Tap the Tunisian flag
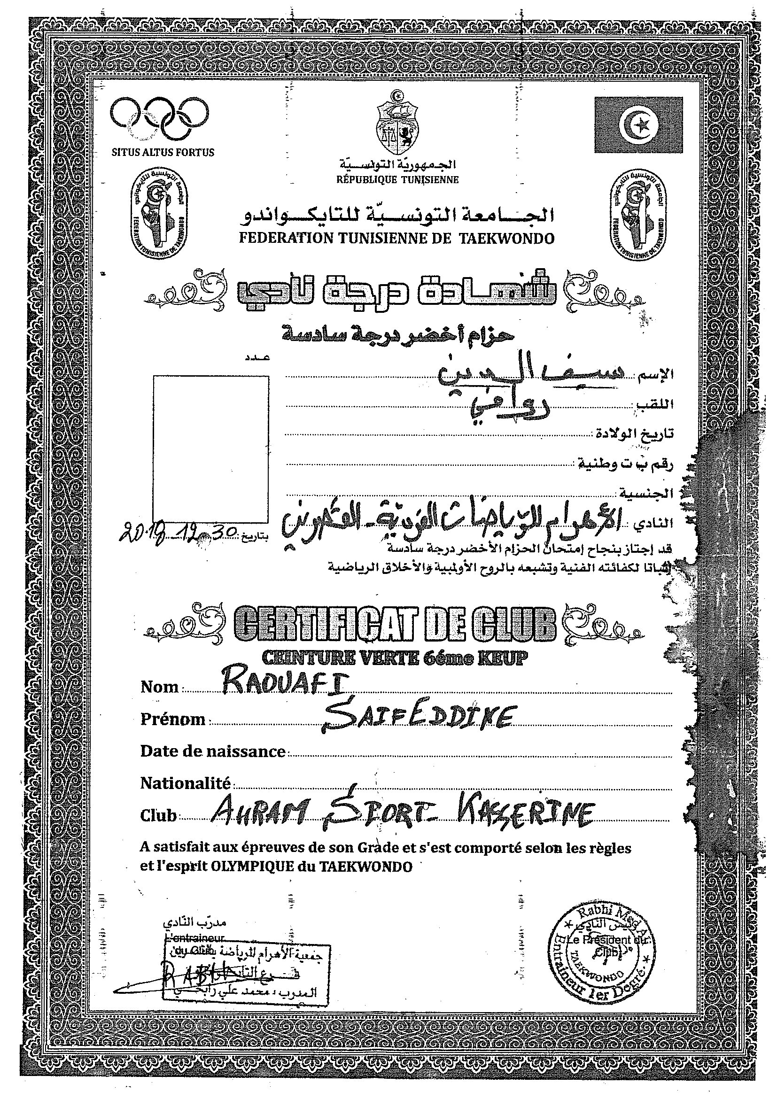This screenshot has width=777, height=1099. pos(638,125)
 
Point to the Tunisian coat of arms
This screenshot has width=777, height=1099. pos(397,122)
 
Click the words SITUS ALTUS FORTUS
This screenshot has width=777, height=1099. pos(163,153)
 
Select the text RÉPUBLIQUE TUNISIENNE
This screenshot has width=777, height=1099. pos(397,180)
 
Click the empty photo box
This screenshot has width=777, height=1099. pos(210,449)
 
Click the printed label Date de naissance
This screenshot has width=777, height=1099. pos(212,751)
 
